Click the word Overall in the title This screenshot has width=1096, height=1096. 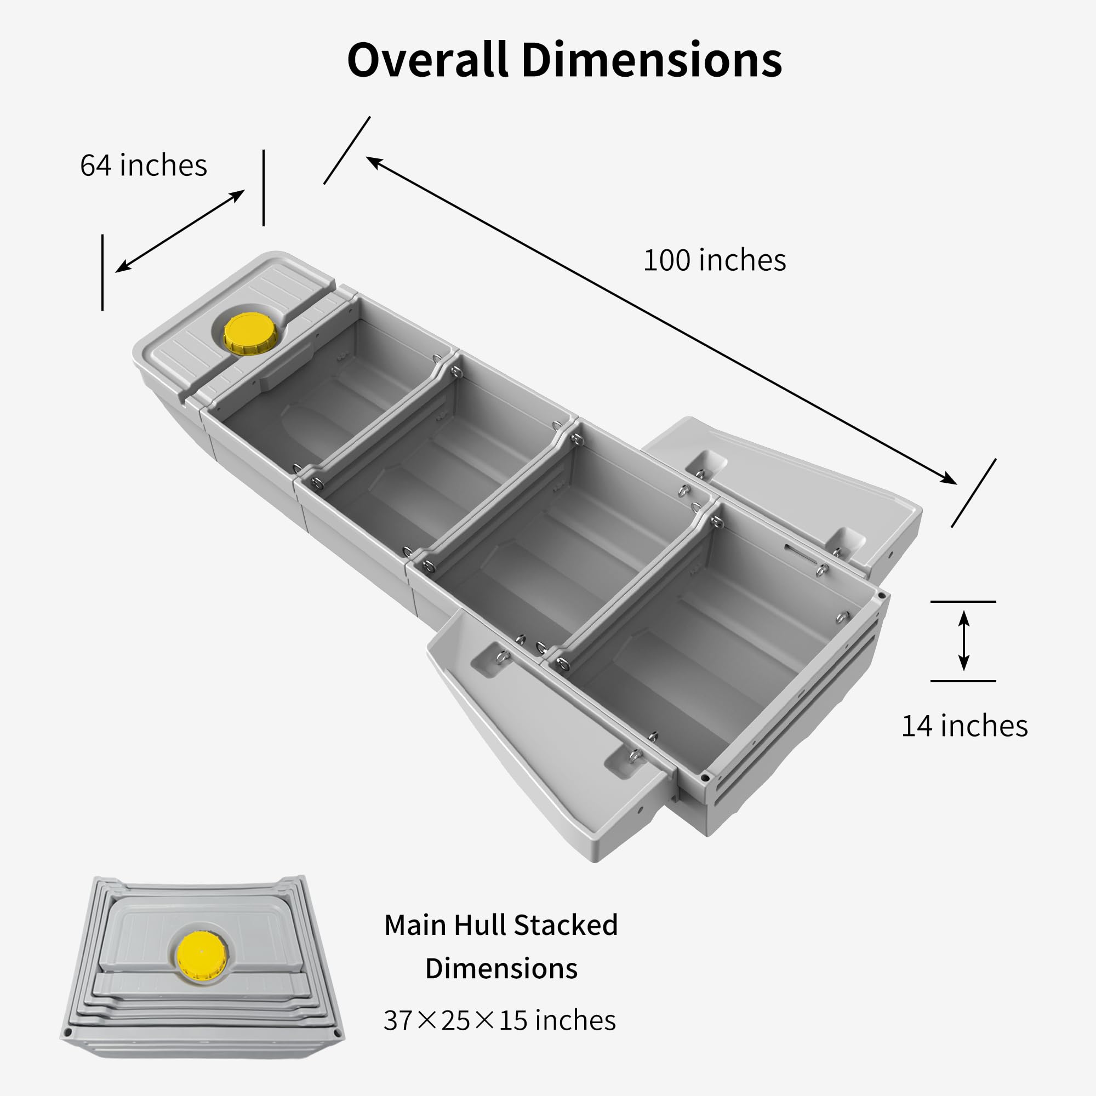click(x=428, y=60)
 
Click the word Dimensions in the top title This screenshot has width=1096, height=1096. click(x=652, y=60)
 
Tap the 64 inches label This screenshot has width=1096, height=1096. click(x=144, y=165)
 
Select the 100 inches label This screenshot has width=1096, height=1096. click(x=715, y=260)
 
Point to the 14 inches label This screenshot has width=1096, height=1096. click(x=964, y=726)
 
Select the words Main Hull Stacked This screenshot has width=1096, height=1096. click(x=501, y=924)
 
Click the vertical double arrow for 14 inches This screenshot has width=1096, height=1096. click(x=963, y=641)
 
